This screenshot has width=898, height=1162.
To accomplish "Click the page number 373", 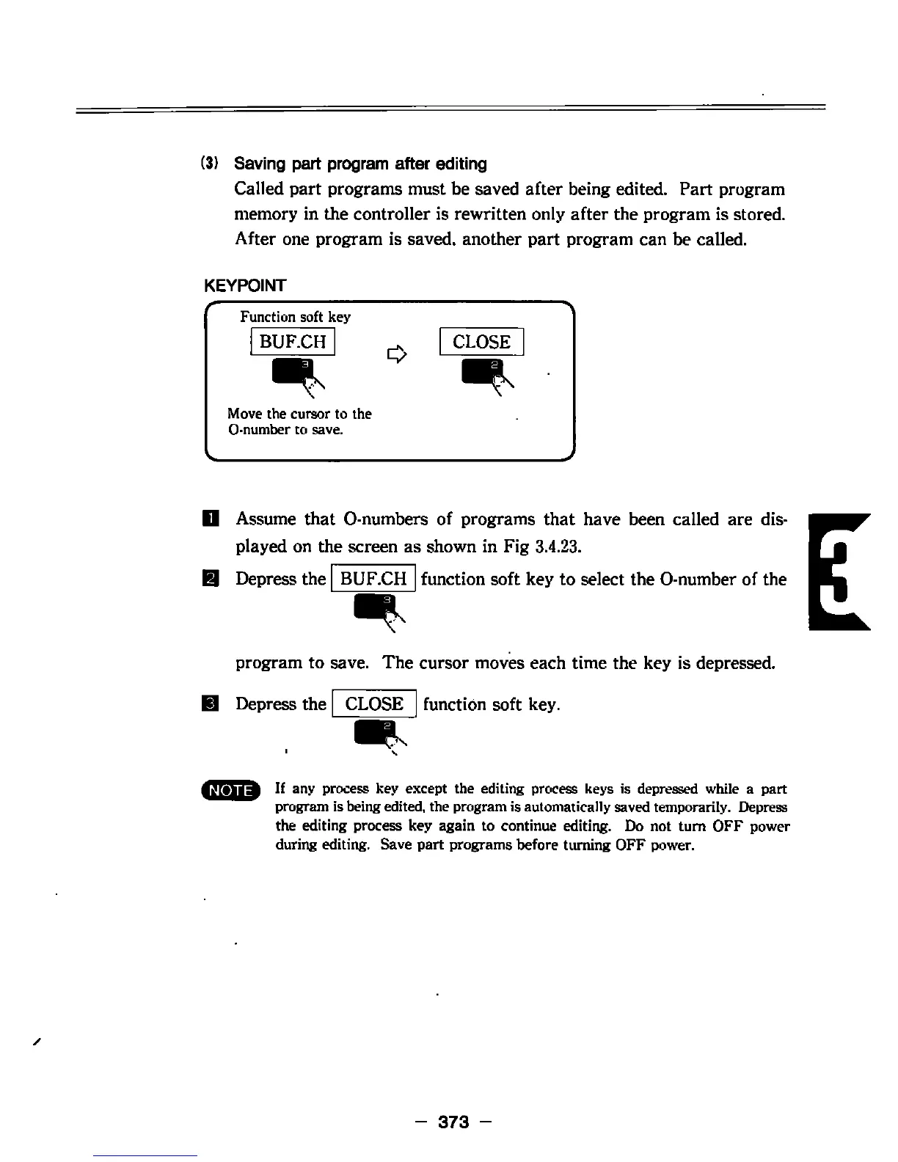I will coord(453,1122).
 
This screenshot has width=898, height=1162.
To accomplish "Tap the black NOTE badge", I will coord(232,790).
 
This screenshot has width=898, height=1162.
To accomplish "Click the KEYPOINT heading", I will coord(244,285).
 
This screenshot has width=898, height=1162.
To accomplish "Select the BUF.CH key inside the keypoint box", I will coord(293,342).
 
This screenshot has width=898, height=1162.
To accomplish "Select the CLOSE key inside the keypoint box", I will coord(481,342).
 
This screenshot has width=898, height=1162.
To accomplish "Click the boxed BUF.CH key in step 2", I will coord(374,579).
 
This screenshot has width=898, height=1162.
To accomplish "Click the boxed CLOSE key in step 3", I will coord(374,704).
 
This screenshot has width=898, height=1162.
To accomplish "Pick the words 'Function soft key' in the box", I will coord(295,317).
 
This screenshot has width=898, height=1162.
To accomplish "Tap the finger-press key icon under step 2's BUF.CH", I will coord(377,611).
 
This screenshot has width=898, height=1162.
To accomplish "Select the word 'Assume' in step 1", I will coord(266,519).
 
